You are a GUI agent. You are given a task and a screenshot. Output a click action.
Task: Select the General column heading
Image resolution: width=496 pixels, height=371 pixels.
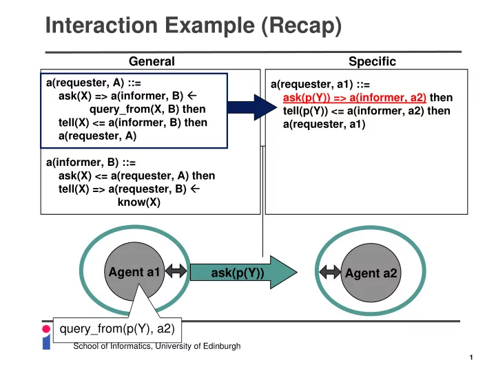pyautogui.click(x=152, y=61)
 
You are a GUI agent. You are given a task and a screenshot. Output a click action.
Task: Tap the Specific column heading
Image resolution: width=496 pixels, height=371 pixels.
pyautogui.click(x=372, y=61)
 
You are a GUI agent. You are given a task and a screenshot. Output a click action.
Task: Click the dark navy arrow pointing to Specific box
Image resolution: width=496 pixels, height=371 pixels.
pyautogui.click(x=252, y=107)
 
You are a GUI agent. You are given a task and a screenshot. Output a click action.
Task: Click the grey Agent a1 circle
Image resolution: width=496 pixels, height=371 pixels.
pyautogui.click(x=134, y=272)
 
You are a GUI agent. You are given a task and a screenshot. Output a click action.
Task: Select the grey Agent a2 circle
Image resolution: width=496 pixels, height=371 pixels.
pyautogui.click(x=371, y=273)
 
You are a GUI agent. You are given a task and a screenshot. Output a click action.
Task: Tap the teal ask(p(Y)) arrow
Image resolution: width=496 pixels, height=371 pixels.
pyautogui.click(x=244, y=273)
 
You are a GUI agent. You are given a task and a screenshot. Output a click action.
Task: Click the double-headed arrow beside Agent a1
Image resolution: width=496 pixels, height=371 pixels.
pyautogui.click(x=176, y=271)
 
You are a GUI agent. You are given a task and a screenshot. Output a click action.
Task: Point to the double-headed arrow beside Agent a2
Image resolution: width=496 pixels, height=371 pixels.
pyautogui.click(x=330, y=272)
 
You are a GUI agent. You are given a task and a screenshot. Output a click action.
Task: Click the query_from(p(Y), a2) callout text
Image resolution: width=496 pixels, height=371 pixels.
pyautogui.click(x=117, y=328)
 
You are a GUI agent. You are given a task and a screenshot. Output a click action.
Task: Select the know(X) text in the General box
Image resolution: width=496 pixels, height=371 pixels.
pyautogui.click(x=139, y=202)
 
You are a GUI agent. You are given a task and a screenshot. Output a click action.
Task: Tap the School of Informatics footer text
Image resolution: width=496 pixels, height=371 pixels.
pyautogui.click(x=157, y=346)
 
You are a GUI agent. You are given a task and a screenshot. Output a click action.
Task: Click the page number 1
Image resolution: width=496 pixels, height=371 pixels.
pyautogui.click(x=471, y=357)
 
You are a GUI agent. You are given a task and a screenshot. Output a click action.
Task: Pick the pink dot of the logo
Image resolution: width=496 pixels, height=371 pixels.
pyautogui.click(x=46, y=329)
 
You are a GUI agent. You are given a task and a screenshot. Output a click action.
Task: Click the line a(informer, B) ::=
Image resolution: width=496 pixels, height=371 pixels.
pyautogui.click(x=91, y=162)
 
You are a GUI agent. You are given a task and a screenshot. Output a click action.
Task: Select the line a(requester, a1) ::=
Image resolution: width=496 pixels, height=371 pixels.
pyautogui.click(x=320, y=85)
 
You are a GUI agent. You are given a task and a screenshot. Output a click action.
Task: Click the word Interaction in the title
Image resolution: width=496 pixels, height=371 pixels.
pyautogui.click(x=101, y=25)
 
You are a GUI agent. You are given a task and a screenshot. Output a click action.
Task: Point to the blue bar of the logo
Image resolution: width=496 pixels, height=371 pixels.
pyautogui.click(x=46, y=342)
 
